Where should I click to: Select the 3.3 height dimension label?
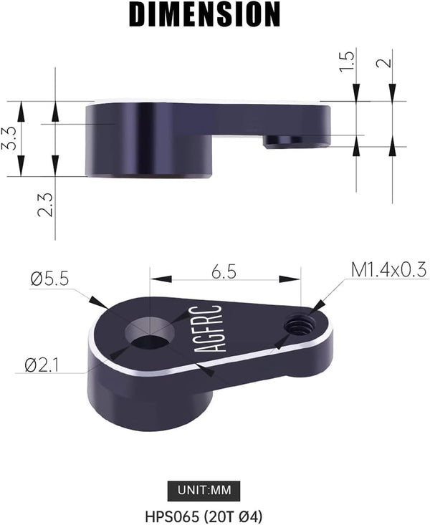[x=9, y=138]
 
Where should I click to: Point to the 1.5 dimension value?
[x=348, y=60]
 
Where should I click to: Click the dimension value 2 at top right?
[x=387, y=62]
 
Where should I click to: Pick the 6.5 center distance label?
[x=225, y=272]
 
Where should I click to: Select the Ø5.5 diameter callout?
[x=49, y=279]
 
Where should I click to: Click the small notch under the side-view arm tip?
[x=294, y=143]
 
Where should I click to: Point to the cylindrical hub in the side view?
[x=148, y=140]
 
